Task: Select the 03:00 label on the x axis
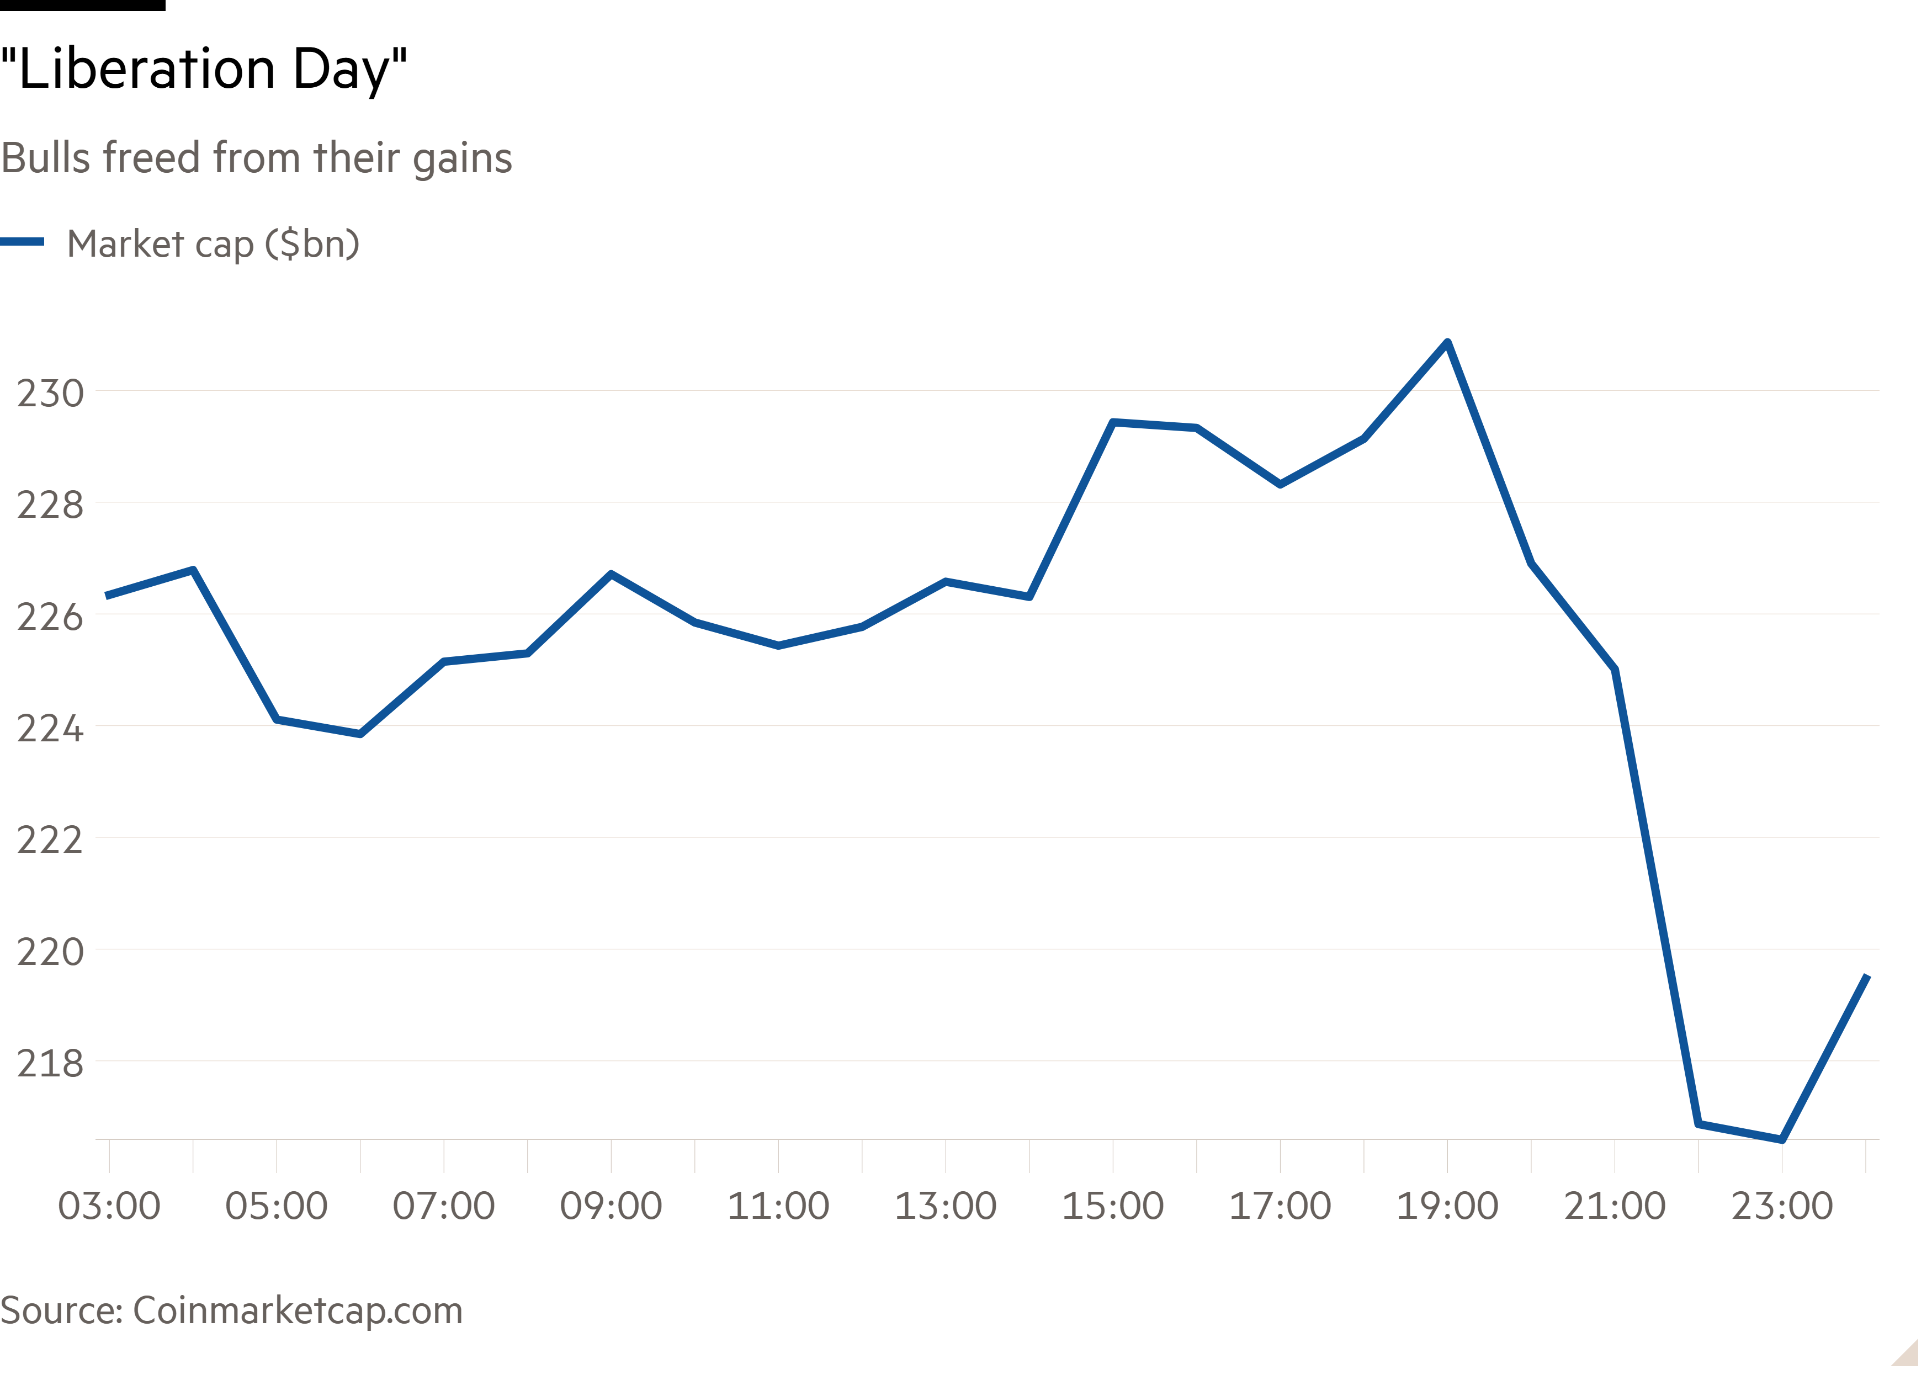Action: [x=109, y=1206]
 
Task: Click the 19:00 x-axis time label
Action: [x=1447, y=1206]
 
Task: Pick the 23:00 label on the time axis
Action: [x=1782, y=1206]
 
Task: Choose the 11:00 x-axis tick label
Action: [x=778, y=1206]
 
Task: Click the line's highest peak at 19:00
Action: [x=1447, y=342]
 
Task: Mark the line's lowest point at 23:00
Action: [x=1782, y=1139]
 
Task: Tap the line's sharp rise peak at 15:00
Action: [x=1113, y=422]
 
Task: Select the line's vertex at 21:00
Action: [x=1614, y=669]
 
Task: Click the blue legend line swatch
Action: [x=22, y=242]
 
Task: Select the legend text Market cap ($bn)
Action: [x=213, y=244]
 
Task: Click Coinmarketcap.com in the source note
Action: [x=298, y=1310]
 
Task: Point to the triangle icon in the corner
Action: [x=1907, y=1353]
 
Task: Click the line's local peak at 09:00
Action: [x=611, y=575]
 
